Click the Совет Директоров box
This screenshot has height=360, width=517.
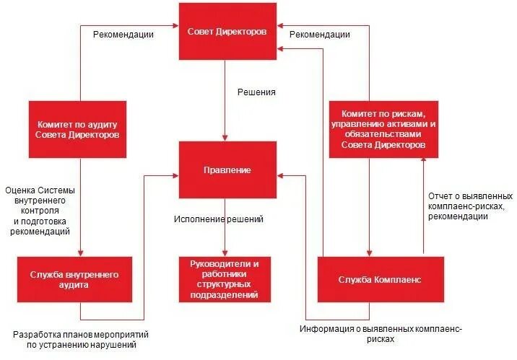(227, 32)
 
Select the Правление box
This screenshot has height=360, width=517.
(227, 170)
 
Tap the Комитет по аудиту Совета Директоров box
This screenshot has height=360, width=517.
(79, 130)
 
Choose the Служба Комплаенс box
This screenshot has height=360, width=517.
(370, 279)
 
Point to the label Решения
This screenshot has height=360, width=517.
(256, 92)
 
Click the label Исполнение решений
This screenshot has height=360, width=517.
(219, 219)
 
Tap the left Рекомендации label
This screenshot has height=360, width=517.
(123, 34)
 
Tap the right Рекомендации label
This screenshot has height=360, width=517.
(319, 34)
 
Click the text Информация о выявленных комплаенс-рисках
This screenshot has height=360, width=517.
(381, 333)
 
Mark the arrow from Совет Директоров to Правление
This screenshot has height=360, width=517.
(226, 101)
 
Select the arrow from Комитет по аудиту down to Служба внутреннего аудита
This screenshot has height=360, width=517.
(79, 209)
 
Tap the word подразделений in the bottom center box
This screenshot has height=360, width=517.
(225, 294)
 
